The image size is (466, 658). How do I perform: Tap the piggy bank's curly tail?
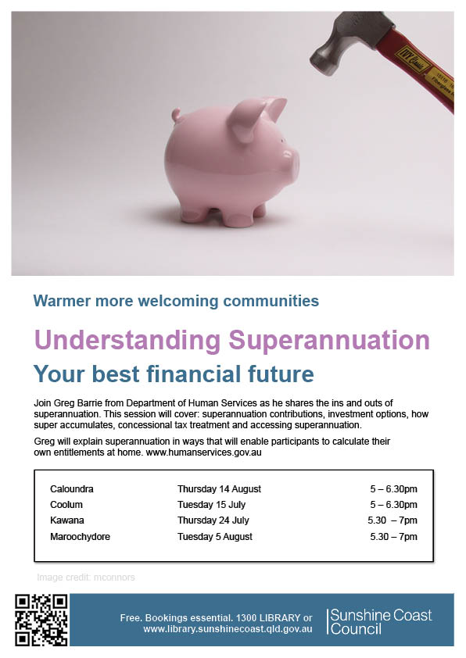point(176,114)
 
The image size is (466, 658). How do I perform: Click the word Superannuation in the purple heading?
point(329,340)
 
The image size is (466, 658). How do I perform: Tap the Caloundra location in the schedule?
point(72,489)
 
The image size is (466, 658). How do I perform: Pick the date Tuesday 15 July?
point(211,504)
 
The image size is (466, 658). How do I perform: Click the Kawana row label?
point(67,520)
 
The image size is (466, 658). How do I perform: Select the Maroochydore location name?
point(81,536)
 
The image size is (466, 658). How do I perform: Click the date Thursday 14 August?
point(219,489)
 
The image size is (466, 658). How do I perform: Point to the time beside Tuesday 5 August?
point(393,536)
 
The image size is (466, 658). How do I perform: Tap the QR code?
point(41,620)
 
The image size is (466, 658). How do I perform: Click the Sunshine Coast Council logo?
point(379,621)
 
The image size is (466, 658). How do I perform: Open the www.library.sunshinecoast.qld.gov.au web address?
point(228,629)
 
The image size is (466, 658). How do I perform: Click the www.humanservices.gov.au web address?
point(203,452)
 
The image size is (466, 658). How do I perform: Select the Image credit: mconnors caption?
point(86,578)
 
